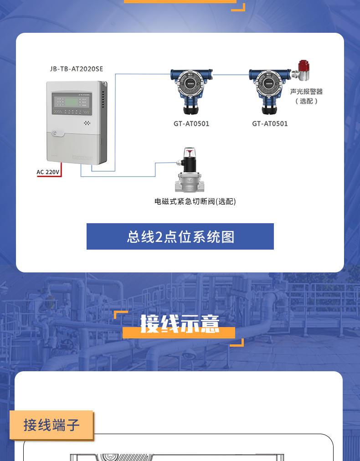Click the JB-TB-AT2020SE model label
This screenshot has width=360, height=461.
pos(77,69)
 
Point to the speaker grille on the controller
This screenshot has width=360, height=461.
pos(87,123)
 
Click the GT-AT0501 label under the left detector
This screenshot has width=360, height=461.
pos(191,123)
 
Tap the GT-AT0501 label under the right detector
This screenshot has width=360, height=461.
pos(270,123)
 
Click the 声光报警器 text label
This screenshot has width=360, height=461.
pos(306,92)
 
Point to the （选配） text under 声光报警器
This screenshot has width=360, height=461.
pos(306,101)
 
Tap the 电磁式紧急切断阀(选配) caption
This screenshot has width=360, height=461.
pos(195,201)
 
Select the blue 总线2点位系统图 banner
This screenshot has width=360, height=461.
pos(180,236)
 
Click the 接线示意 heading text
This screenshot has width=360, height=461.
pos(180,324)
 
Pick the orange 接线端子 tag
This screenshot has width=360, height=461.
pos(51,425)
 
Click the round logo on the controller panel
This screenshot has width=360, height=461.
pos(55,133)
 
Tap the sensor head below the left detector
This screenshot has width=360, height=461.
pos(191,109)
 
